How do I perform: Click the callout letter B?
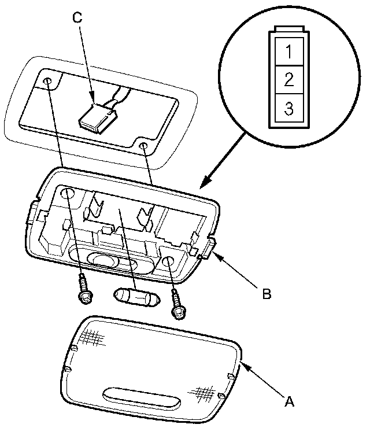point(267,294)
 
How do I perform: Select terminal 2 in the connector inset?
point(288,79)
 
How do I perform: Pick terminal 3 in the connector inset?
point(288,107)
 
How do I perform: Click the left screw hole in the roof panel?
point(47,81)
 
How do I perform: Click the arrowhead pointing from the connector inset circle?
point(201,186)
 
